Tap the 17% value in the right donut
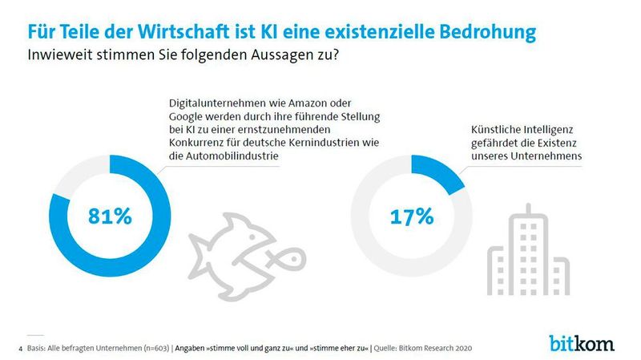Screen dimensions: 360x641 [411, 216]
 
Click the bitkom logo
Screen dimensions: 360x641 [582, 343]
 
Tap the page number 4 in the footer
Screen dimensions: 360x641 [20, 349]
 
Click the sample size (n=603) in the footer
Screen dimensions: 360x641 [149, 349]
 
